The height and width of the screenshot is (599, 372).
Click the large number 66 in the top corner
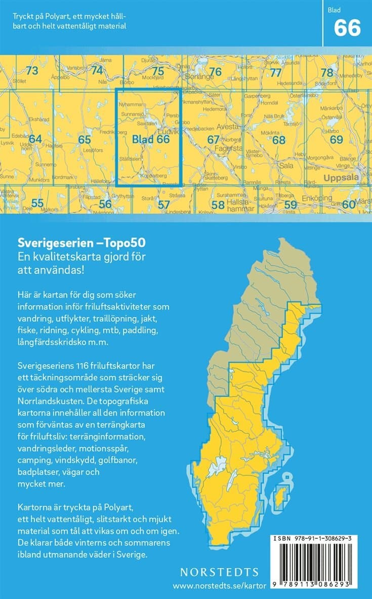(x=347, y=28)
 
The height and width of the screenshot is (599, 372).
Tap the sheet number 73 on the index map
(x=32, y=71)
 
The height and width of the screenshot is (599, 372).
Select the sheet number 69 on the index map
(x=336, y=140)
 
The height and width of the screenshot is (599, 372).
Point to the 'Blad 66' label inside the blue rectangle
(x=150, y=139)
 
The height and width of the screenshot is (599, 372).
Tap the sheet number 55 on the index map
(x=37, y=203)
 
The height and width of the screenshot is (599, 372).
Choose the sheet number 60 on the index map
(x=348, y=204)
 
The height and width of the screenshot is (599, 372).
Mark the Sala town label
(x=286, y=165)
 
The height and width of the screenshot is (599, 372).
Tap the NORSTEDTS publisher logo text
(x=220, y=572)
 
